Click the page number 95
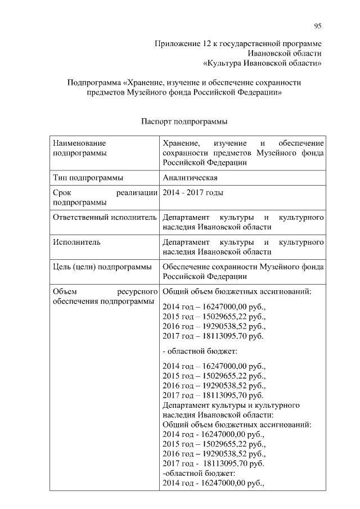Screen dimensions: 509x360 click(318, 26)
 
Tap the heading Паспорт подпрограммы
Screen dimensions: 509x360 click(184, 121)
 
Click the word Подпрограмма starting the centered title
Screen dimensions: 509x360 click(93, 82)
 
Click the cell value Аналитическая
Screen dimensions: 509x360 click(190, 178)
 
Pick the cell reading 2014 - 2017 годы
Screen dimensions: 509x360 click(192, 193)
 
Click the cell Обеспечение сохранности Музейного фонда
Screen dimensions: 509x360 click(242, 272)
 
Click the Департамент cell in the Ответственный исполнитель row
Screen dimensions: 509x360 click(242, 222)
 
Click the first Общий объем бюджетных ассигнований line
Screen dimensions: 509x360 click(237, 292)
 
